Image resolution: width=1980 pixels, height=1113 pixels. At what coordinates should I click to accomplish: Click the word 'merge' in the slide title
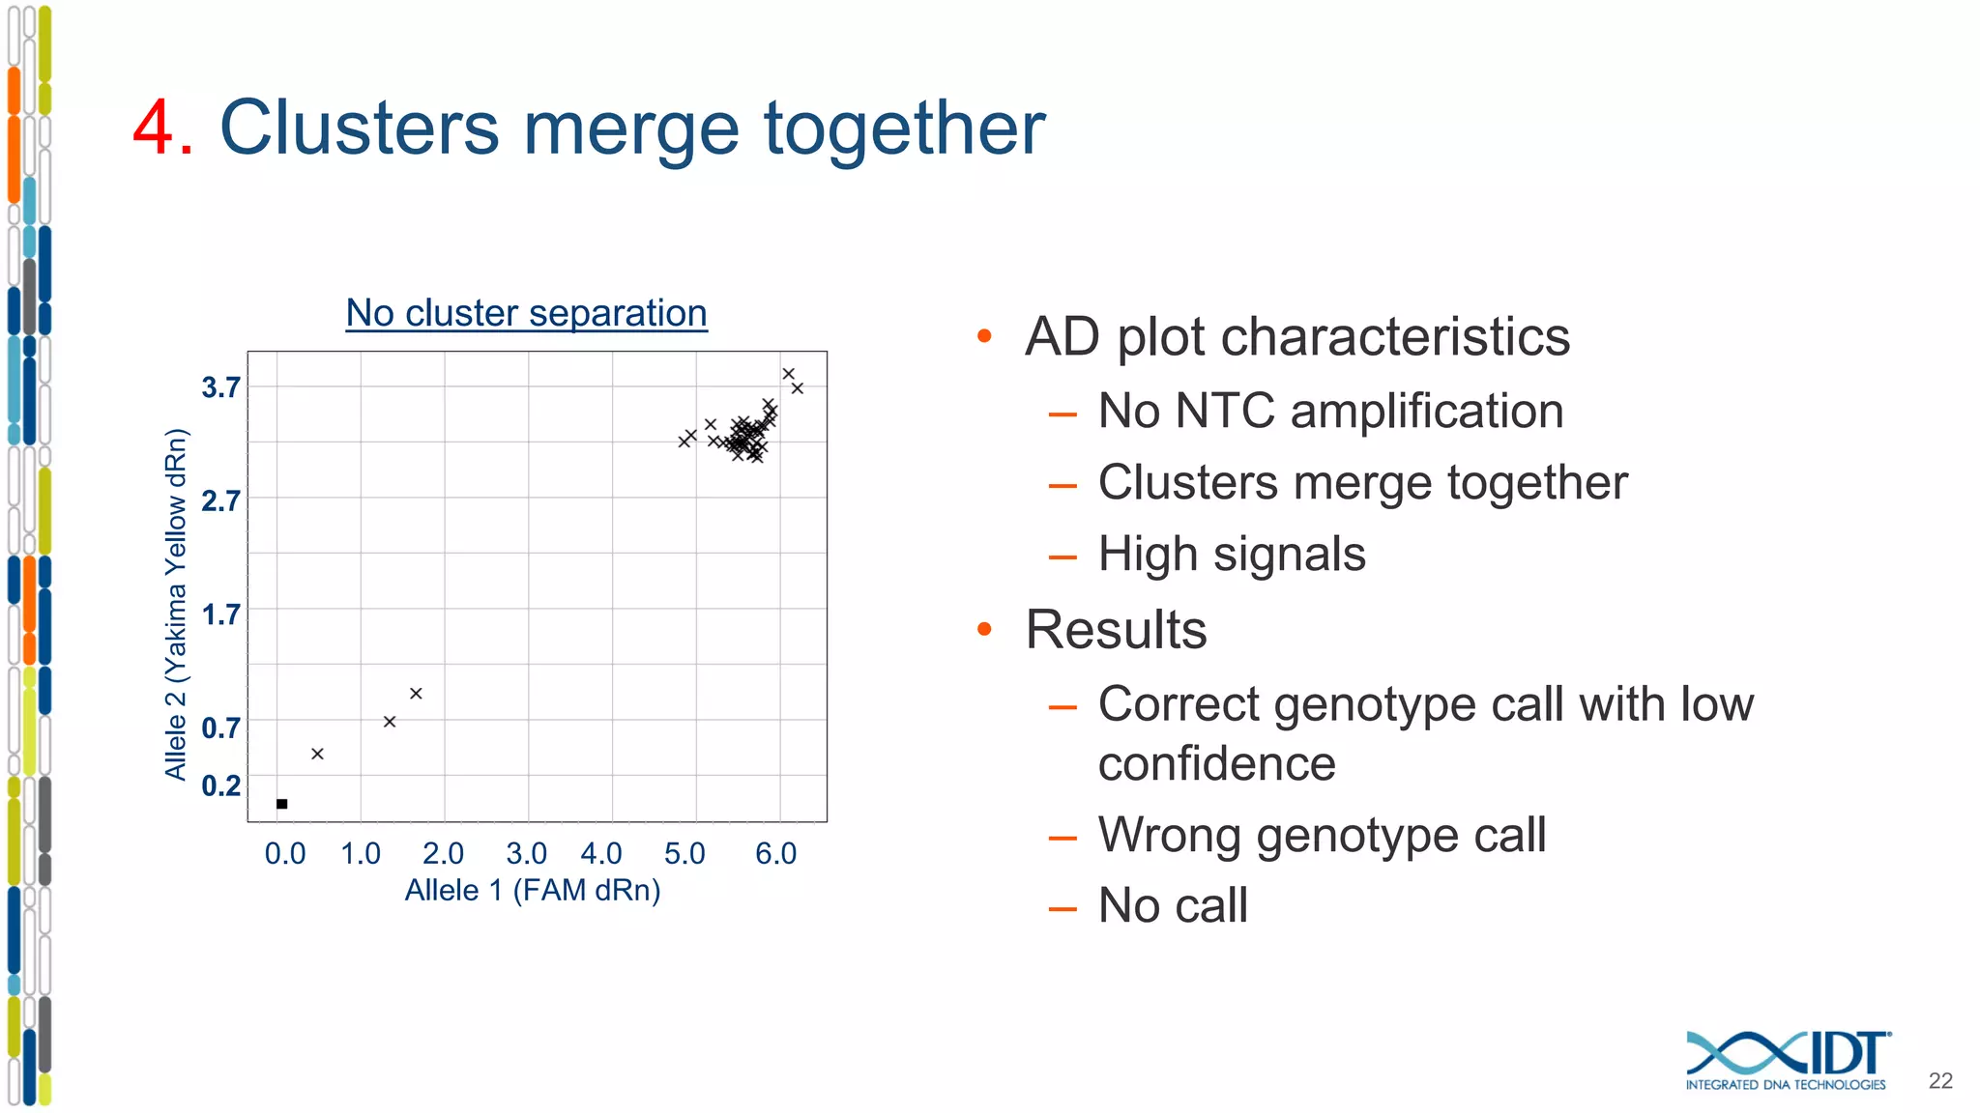(631, 128)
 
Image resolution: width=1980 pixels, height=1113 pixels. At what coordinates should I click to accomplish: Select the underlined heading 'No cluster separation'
(527, 313)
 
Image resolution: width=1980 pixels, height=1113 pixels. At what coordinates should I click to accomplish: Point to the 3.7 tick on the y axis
(220, 387)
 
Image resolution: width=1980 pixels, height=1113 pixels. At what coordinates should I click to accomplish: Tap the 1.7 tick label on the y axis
(220, 614)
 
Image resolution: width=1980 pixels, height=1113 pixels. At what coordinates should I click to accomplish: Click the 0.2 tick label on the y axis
(220, 785)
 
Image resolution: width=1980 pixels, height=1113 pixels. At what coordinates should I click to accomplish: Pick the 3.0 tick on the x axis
(527, 853)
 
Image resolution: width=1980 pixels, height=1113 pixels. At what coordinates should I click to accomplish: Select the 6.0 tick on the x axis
(776, 853)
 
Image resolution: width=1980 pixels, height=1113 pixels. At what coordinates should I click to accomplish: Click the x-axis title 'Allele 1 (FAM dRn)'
(533, 890)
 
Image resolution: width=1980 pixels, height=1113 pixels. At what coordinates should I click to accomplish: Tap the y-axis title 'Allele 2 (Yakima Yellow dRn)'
(175, 604)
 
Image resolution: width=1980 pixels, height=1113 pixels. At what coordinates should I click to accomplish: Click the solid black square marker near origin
(281, 804)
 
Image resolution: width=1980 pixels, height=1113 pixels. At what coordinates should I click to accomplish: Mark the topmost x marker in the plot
(789, 374)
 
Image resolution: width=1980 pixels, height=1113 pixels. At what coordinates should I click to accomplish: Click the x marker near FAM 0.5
(317, 754)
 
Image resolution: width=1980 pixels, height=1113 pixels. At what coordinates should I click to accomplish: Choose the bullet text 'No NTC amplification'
(1330, 411)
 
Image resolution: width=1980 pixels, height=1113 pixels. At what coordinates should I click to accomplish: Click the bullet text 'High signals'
(1232, 555)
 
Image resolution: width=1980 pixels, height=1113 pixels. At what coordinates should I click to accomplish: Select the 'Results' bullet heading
(1116, 630)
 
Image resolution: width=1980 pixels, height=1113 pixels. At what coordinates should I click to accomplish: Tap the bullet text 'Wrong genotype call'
(1322, 835)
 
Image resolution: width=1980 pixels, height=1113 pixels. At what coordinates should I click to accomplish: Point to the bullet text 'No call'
(1173, 906)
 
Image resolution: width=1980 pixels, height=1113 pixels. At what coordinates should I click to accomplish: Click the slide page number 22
(1939, 1081)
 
